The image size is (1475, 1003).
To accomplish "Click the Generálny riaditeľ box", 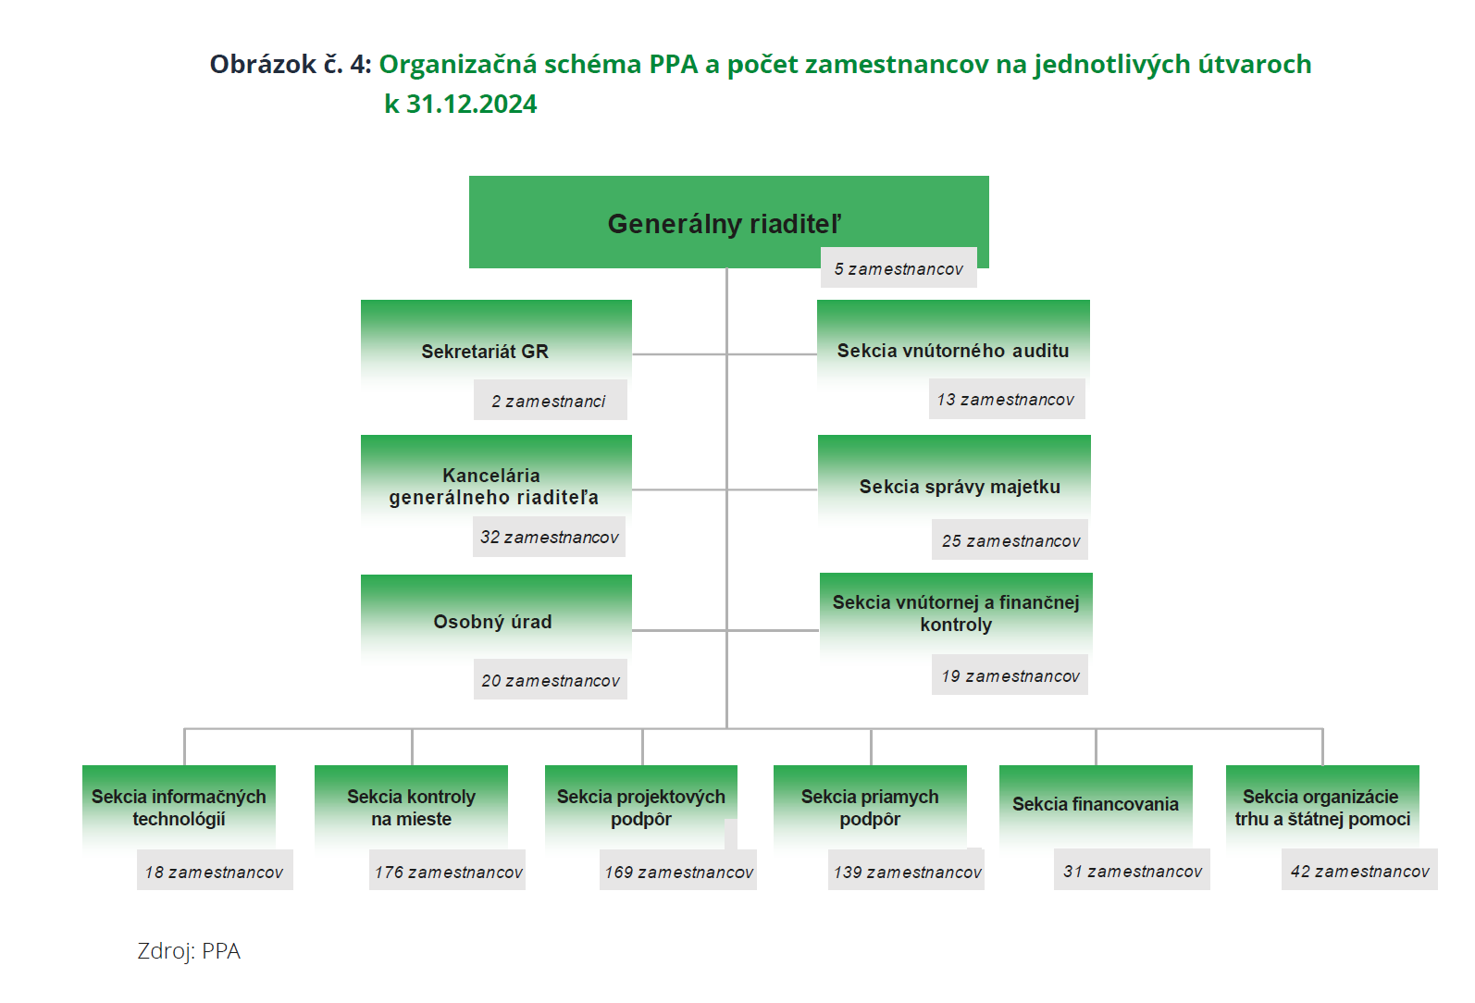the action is coord(728,221).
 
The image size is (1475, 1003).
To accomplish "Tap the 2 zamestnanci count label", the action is coord(550,400).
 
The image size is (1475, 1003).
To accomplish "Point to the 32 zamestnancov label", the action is coord(549,537).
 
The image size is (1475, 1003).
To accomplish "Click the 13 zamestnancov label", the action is coord(1006,399).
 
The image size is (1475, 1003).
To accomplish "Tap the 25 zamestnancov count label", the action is coord(1010,540).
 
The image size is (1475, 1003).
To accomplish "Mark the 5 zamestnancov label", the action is coord(899,268).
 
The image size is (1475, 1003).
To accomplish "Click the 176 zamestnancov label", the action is coord(447,871).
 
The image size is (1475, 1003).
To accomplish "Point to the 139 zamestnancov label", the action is coord(906,871).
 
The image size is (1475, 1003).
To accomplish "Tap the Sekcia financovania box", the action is coord(1096,806).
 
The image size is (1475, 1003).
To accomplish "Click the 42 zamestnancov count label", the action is coord(1359,871).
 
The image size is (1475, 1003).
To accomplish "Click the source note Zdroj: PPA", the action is coord(189,951).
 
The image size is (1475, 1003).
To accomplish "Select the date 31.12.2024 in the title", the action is coord(472,104).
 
